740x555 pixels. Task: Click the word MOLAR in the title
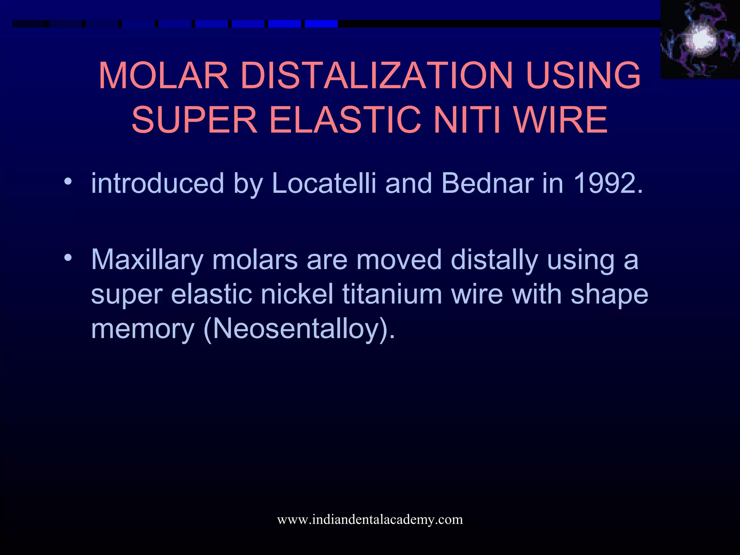[x=163, y=76]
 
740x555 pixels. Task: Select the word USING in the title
[x=583, y=76]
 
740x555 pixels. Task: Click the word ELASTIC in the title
[x=345, y=120]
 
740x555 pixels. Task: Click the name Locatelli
[x=324, y=183]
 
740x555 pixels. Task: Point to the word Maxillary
[x=147, y=261]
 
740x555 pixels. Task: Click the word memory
[x=143, y=329]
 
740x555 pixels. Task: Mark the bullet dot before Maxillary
[x=68, y=258]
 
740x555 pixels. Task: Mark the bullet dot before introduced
[x=68, y=181]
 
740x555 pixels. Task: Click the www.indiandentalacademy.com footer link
[x=370, y=520]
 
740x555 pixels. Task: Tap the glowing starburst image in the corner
[x=700, y=39]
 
